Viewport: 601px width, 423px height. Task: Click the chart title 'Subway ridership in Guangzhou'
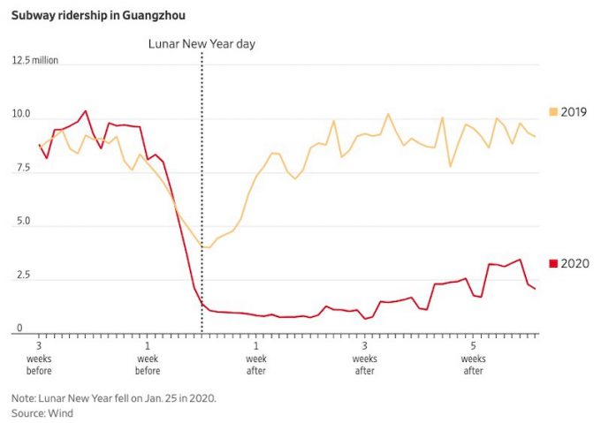(x=98, y=15)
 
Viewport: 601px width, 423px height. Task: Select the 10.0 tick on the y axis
(x=21, y=115)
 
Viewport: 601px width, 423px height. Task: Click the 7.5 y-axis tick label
(x=21, y=169)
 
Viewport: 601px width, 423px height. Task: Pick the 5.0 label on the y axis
(x=21, y=223)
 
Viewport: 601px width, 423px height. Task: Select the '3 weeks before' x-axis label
(x=39, y=359)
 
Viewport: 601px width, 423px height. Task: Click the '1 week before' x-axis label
(x=147, y=359)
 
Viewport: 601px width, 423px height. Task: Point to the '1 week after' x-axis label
(x=255, y=359)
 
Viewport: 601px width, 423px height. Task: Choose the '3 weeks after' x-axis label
(x=364, y=359)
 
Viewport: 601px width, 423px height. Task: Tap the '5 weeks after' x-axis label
(x=473, y=359)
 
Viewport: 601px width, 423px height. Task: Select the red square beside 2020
(x=553, y=263)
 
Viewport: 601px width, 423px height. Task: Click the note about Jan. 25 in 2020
(x=114, y=398)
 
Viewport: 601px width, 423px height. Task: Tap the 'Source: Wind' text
(x=42, y=412)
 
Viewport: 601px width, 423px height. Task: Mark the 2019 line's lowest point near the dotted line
(x=208, y=248)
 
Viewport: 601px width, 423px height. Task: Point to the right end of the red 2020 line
(x=535, y=289)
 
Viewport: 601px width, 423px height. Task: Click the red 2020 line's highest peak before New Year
(x=86, y=111)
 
